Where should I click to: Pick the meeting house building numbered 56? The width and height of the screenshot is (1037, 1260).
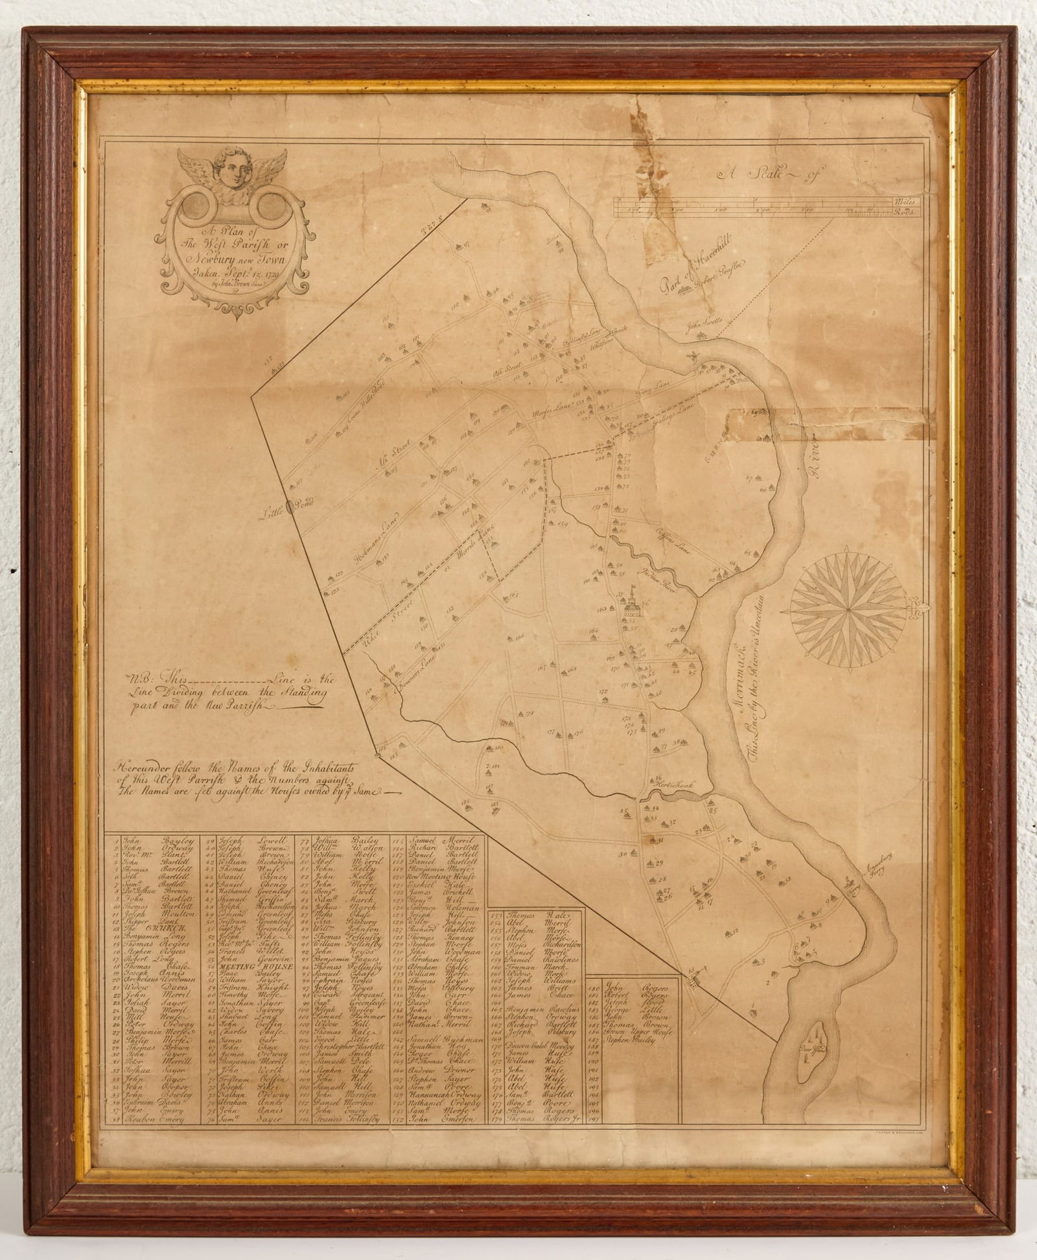630,605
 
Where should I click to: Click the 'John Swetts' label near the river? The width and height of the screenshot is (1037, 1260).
705,322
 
